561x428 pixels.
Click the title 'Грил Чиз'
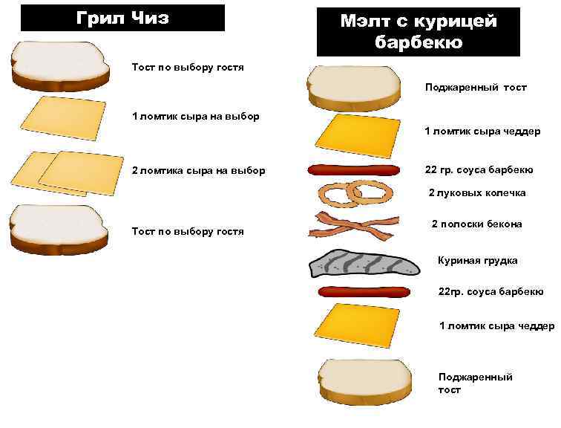point(122,18)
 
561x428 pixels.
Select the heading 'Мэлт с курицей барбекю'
point(418,32)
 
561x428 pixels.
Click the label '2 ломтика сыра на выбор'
point(198,170)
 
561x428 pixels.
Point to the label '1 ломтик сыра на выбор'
point(195,117)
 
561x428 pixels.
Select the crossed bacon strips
point(349,224)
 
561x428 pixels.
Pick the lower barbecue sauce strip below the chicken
point(364,291)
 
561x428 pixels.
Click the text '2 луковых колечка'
point(478,192)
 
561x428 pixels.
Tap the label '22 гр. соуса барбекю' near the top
point(479,170)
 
